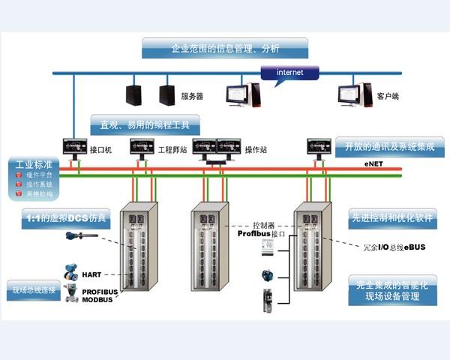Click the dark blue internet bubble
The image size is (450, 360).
coord(289,72)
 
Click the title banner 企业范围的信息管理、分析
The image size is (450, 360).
coord(226,49)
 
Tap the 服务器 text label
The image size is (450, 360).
coord(192,97)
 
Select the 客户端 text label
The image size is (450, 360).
coord(388,97)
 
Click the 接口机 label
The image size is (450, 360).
coord(100,150)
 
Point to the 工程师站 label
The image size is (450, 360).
coord(172,150)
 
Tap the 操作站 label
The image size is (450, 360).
coord(256,150)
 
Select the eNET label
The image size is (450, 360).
coord(375,163)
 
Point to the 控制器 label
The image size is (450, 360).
coord(265,224)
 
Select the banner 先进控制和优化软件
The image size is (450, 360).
coord(391,219)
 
